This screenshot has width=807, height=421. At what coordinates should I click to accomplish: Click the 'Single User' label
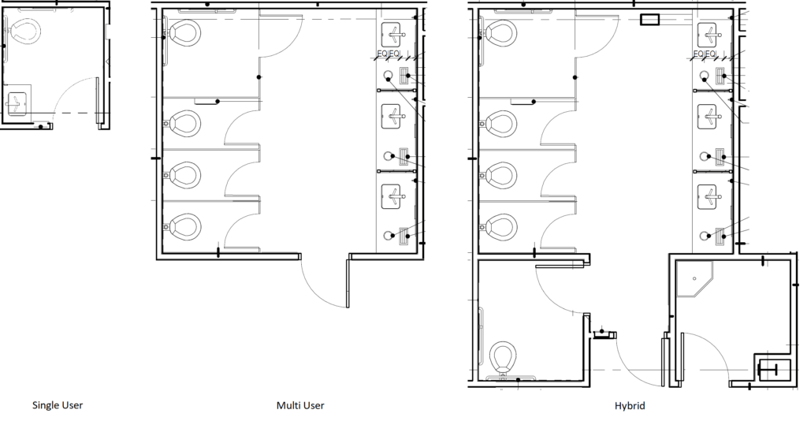point(57,406)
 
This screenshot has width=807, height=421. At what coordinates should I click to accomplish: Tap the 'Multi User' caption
point(299,406)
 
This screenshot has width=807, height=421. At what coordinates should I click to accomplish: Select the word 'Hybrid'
point(629,406)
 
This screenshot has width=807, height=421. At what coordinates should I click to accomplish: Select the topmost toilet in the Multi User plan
point(184,33)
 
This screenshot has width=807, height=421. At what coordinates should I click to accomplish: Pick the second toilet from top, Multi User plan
point(184,123)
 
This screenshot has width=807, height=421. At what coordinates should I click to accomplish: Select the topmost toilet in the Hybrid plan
point(499,33)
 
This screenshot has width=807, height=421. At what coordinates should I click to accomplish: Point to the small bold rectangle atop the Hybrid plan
point(650,20)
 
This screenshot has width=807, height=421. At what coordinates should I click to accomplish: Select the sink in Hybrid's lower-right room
point(770,368)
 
